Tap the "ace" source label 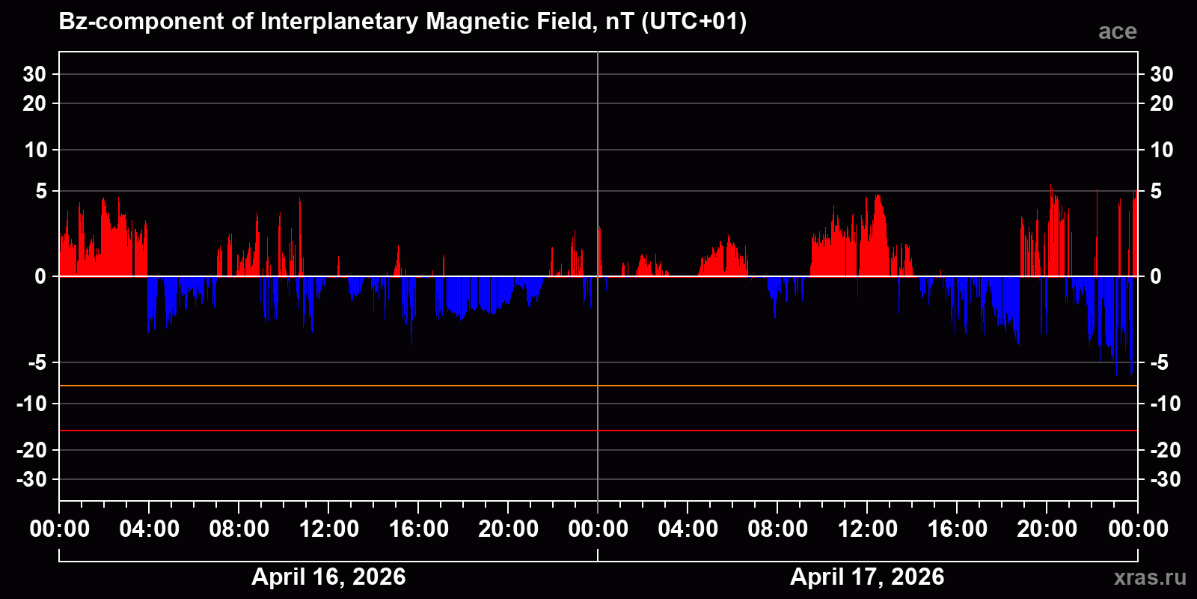coord(1117,31)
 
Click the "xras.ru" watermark coord(1150,577)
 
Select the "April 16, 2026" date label coord(328,577)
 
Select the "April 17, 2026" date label coord(867,577)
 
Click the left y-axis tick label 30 coord(34,74)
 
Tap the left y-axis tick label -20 coord(31,450)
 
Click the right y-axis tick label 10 coord(1161,150)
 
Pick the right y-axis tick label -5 coord(1158,362)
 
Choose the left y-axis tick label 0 coord(40,276)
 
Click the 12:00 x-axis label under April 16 coord(328,529)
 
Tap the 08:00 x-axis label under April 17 coord(777,529)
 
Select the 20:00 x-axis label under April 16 coord(508,529)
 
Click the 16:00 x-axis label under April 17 coord(957,529)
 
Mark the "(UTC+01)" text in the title coord(694,22)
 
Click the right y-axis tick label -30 coord(1164,479)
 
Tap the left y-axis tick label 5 coord(41,191)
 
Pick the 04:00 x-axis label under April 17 coord(688,529)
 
